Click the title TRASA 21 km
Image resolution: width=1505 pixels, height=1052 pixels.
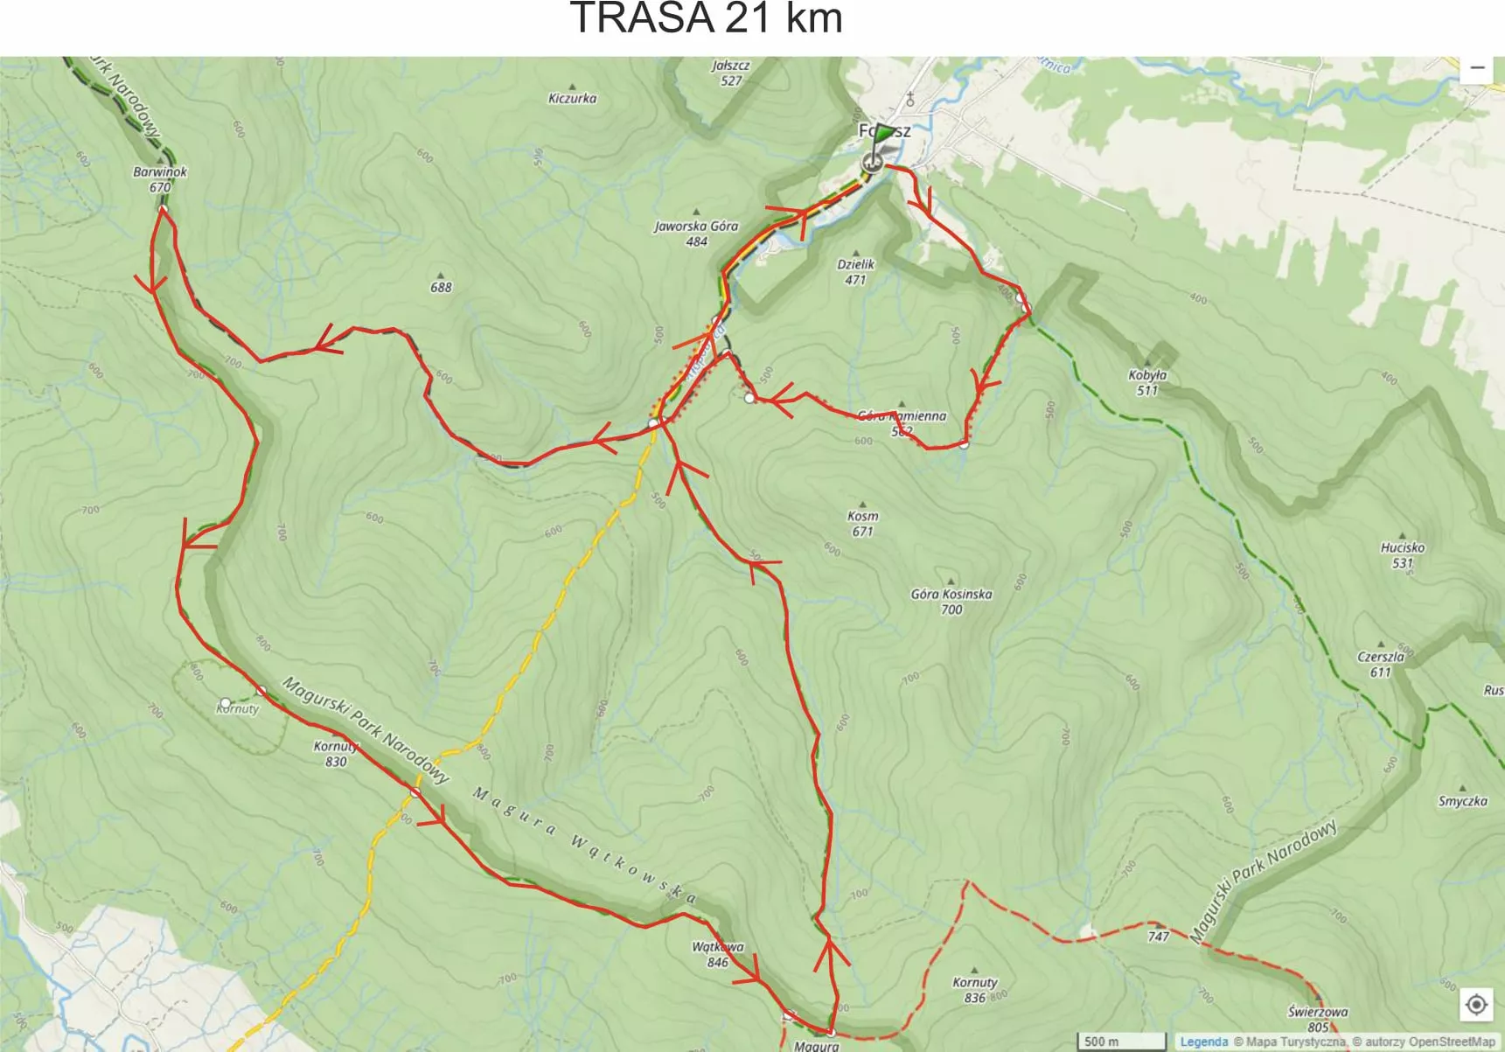tap(706, 18)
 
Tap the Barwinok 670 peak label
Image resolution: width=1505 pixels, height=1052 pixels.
tap(160, 179)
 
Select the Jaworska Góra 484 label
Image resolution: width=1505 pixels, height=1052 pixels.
tap(696, 233)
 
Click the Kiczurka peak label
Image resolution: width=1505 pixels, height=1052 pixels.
tap(572, 98)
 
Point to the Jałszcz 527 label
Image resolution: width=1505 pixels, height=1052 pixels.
tap(730, 73)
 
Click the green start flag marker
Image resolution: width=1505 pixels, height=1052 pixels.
tap(883, 136)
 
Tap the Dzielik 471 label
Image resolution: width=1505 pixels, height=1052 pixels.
tap(855, 271)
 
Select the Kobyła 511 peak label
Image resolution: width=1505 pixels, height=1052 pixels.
tap(1147, 382)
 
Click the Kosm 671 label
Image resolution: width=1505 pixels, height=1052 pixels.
tap(862, 523)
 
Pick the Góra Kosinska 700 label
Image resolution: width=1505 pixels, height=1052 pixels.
tap(951, 602)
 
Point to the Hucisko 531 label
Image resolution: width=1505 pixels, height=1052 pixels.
tap(1402, 554)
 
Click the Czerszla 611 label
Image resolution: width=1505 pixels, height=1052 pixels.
tap(1381, 664)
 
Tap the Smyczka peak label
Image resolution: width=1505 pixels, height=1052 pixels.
tap(1462, 800)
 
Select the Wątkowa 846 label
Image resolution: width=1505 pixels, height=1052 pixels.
tap(717, 954)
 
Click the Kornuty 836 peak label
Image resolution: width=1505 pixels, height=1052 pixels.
tap(974, 989)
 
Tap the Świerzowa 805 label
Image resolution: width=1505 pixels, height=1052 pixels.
tap(1317, 1019)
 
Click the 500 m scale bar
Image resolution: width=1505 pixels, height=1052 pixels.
tap(1120, 1042)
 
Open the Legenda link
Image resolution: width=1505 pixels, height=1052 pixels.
tap(1203, 1042)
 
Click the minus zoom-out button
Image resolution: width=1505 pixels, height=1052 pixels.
tap(1477, 68)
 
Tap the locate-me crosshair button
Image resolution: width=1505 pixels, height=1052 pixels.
tap(1476, 1005)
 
